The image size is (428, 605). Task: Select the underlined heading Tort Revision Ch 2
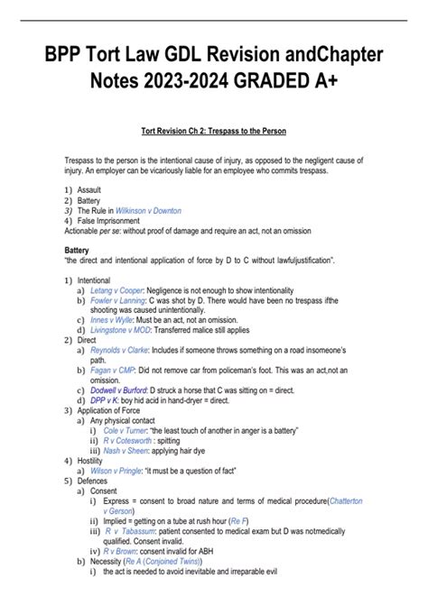(x=214, y=130)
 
